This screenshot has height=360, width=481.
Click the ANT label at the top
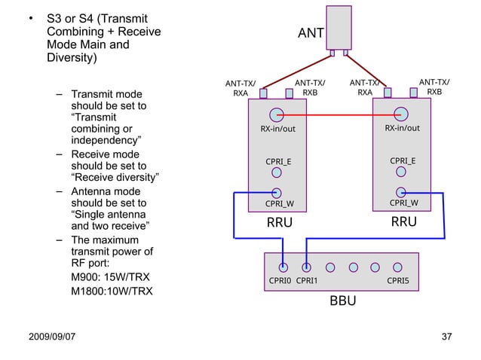[311, 32]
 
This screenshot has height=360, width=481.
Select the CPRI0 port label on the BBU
[280, 281]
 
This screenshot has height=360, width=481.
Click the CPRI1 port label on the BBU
[307, 281]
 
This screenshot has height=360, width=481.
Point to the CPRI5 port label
[397, 281]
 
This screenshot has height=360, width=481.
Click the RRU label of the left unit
[280, 224]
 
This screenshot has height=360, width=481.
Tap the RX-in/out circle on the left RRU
[277, 115]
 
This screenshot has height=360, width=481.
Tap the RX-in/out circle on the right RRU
[402, 114]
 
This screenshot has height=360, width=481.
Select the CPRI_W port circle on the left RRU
[277, 193]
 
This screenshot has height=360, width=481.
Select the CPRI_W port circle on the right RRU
[402, 193]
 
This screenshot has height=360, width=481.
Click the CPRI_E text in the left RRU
[278, 161]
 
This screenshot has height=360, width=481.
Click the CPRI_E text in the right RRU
[403, 160]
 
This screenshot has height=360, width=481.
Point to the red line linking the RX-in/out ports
[339, 115]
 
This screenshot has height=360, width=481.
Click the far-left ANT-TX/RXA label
[240, 88]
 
